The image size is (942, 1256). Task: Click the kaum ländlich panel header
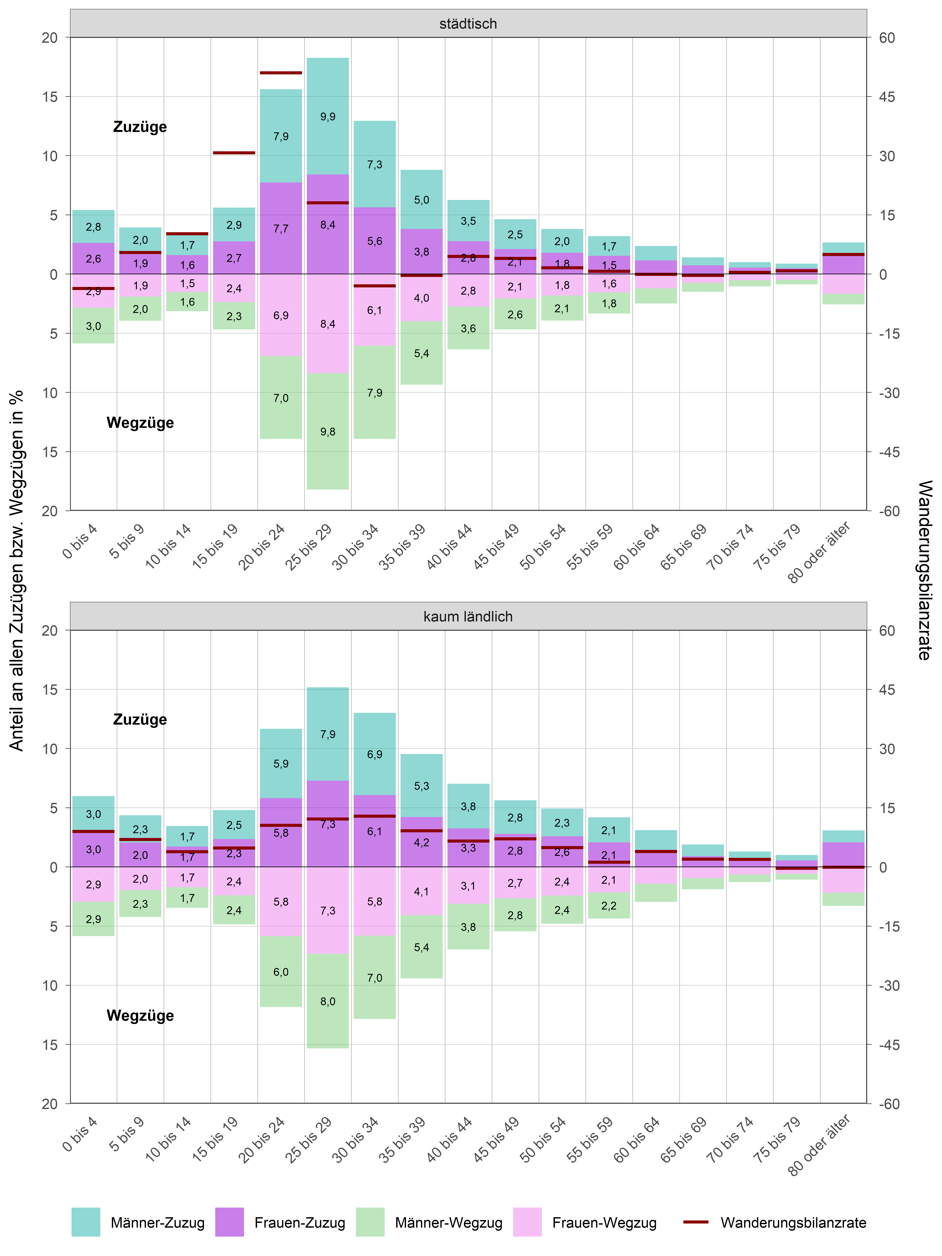(468, 617)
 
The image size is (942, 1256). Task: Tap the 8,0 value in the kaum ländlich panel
(328, 1001)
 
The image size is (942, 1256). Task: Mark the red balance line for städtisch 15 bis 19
(234, 153)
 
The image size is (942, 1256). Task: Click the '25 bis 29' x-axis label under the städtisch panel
(308, 547)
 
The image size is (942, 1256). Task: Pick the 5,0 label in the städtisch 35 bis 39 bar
(421, 200)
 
